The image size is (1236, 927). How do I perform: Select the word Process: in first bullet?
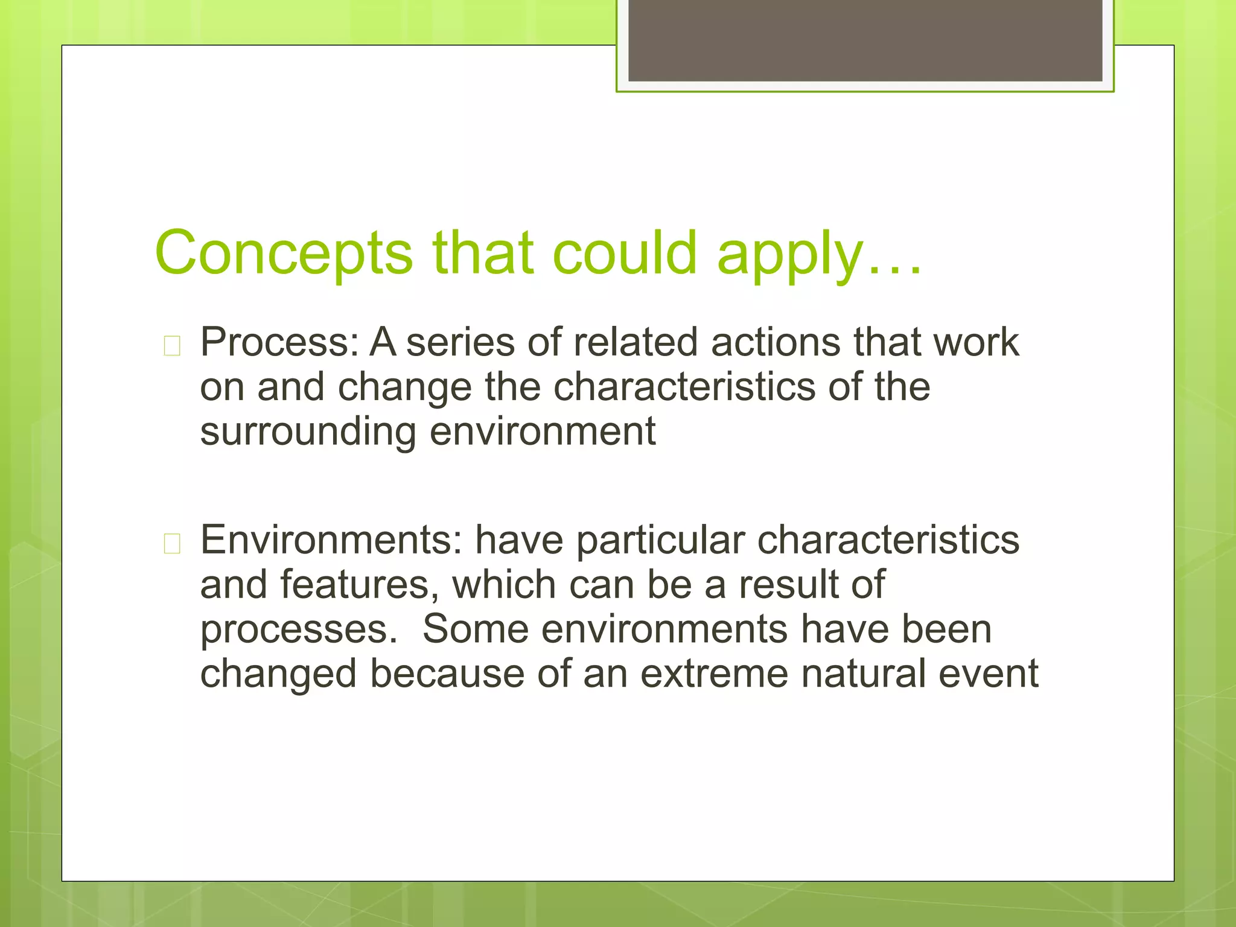[x=280, y=342]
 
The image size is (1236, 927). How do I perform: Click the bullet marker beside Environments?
[x=172, y=544]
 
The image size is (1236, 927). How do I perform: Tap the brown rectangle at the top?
[x=865, y=40]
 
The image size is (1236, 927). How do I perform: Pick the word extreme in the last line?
[x=714, y=674]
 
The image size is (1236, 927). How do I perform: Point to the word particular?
[x=660, y=540]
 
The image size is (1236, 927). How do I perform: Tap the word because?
[x=447, y=674]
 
